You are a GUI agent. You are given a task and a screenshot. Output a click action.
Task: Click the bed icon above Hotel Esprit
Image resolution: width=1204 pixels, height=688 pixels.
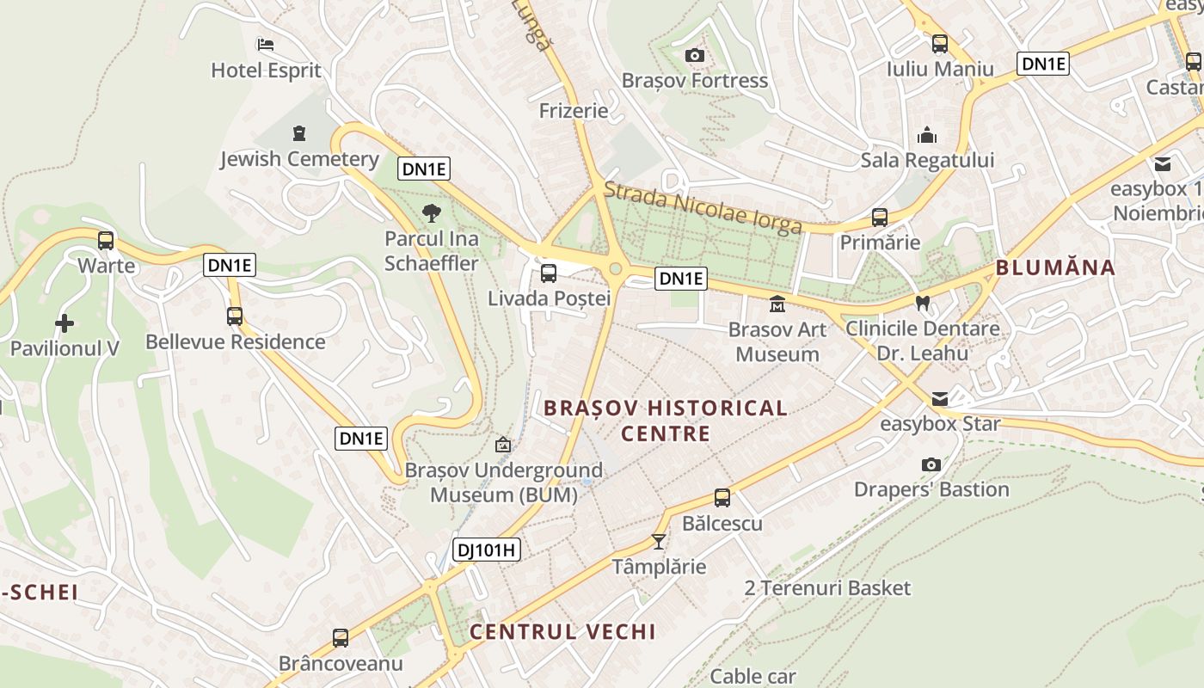[266, 44]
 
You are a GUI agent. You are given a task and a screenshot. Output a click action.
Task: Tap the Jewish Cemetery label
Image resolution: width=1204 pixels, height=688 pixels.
[299, 159]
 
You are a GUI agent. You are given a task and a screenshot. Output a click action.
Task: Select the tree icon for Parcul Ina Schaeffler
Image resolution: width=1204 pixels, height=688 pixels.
[432, 212]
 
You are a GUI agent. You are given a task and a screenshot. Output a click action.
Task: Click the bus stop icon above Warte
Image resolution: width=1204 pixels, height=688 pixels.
[106, 241]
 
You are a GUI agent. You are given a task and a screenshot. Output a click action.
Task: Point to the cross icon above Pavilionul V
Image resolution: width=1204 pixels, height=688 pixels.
[64, 324]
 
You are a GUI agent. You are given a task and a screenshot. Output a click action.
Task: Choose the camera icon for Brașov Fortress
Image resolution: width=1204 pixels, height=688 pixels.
[695, 56]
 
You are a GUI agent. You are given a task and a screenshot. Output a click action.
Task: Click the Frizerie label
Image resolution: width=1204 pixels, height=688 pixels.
[574, 111]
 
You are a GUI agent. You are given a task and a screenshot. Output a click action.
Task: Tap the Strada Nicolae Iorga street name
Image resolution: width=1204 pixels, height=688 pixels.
[703, 207]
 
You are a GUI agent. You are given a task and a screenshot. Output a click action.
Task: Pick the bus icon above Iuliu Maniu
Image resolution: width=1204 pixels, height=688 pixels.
[940, 44]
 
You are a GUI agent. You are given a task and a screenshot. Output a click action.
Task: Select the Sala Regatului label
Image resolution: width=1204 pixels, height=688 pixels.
[927, 160]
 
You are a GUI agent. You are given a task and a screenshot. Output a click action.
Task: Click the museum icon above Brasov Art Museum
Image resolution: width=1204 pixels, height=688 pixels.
[777, 304]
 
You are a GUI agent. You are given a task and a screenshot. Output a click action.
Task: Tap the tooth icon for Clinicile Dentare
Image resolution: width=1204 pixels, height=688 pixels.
[923, 303]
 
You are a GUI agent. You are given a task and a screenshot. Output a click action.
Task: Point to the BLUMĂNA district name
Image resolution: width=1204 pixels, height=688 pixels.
[1055, 267]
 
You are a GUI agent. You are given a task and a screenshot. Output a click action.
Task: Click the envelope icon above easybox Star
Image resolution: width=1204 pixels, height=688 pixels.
[940, 399]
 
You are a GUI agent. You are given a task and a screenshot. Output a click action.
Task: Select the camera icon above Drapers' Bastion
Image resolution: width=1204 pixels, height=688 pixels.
[931, 464]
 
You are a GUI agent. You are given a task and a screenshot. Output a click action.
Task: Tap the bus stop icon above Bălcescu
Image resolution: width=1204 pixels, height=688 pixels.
[722, 498]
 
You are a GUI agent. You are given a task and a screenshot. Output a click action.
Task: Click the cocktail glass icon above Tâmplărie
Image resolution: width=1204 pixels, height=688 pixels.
[659, 542]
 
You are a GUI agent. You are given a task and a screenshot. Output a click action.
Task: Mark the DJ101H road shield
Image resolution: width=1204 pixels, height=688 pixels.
[487, 550]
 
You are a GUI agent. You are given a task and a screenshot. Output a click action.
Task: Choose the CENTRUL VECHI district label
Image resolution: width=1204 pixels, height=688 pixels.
[562, 631]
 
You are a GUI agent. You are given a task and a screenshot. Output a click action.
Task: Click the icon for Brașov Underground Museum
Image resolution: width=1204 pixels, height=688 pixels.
[503, 445]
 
